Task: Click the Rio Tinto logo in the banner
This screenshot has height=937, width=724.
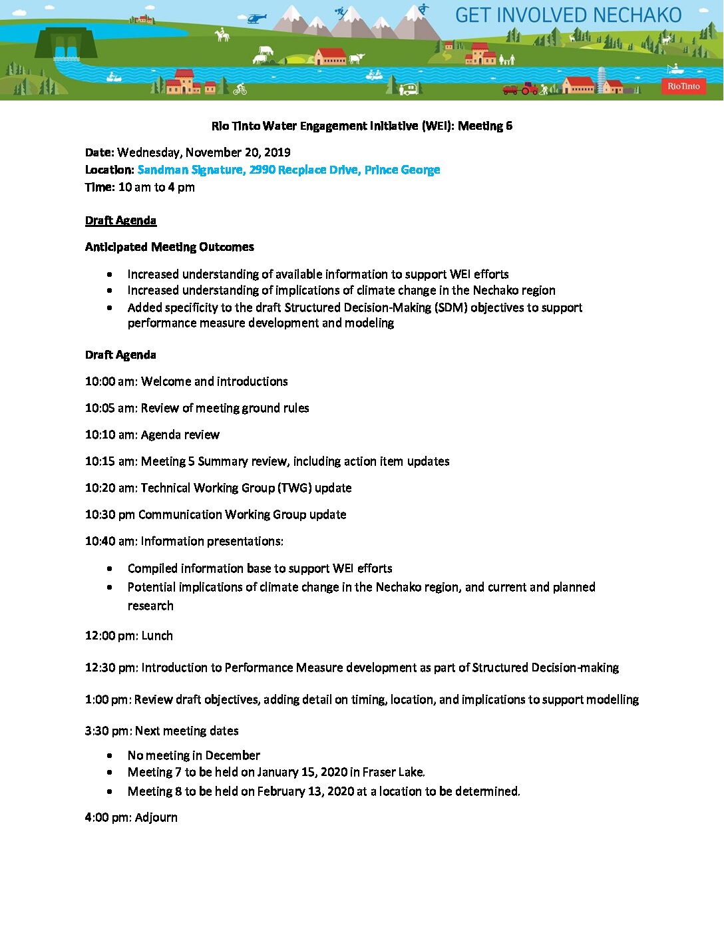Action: tap(683, 86)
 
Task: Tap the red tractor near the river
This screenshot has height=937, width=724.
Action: tap(529, 88)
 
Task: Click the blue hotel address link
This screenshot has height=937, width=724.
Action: tap(288, 170)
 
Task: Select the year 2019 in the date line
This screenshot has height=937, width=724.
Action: tap(277, 152)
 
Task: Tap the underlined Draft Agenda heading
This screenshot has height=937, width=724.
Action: tap(120, 220)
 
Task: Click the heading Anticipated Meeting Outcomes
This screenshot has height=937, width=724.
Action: tap(169, 247)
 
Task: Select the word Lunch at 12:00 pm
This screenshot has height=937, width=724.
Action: tap(157, 636)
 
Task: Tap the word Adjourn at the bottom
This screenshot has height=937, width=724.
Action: tap(156, 817)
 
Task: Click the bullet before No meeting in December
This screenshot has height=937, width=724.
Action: tap(109, 755)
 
